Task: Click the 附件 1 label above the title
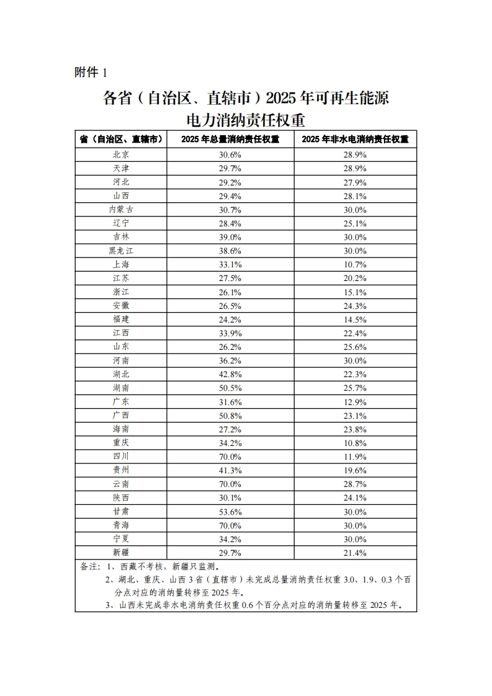(x=91, y=73)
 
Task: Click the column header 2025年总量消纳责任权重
(x=230, y=139)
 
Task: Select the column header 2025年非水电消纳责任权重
(x=355, y=139)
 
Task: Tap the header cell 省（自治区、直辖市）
(x=121, y=139)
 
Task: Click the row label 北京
(x=121, y=154)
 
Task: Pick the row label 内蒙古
(x=121, y=210)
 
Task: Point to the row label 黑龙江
(x=121, y=251)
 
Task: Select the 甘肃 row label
(x=121, y=511)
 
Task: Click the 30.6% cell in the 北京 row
(x=230, y=154)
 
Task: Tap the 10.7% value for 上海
(x=355, y=264)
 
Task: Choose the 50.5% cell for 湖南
(x=230, y=388)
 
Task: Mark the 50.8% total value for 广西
(x=230, y=415)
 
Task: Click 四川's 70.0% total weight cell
(x=230, y=456)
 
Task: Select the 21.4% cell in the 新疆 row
(x=355, y=552)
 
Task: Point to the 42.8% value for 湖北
(x=230, y=374)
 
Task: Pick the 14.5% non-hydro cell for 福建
(x=355, y=319)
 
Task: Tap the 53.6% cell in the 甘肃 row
(x=230, y=511)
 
